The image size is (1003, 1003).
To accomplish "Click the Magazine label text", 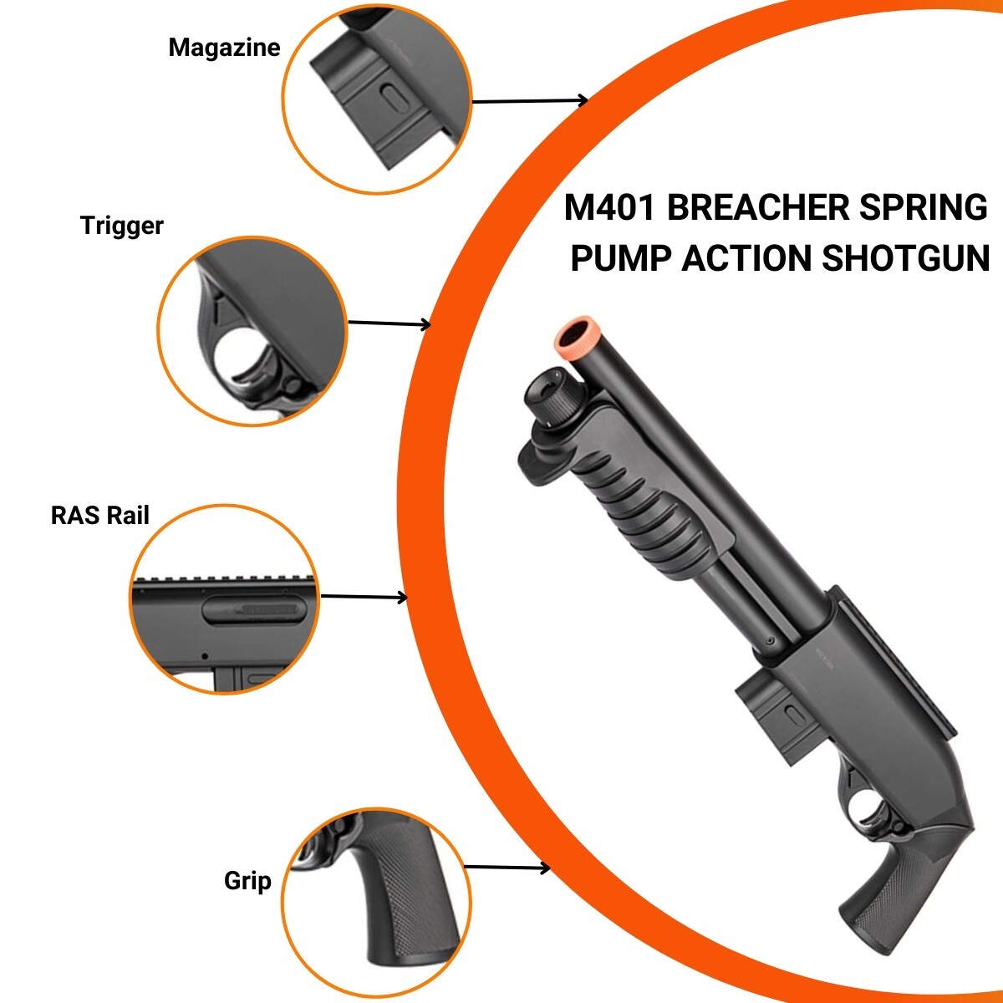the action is (x=224, y=48).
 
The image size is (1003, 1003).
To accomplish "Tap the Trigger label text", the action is (x=122, y=226).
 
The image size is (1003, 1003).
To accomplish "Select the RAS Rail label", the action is (x=100, y=516).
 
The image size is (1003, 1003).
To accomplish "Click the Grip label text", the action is (x=247, y=881).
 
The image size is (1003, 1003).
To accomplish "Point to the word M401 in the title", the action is (x=609, y=207).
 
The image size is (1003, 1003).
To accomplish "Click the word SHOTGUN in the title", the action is (x=905, y=258).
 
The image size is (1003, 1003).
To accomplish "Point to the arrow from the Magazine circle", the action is (x=530, y=101).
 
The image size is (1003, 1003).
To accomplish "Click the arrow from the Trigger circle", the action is (x=389, y=323).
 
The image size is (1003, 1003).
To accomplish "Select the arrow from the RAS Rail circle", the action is (x=364, y=597).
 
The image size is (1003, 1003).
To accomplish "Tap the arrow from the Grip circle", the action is (x=507, y=867).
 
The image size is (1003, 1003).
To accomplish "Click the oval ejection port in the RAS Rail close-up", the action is (x=253, y=610).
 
